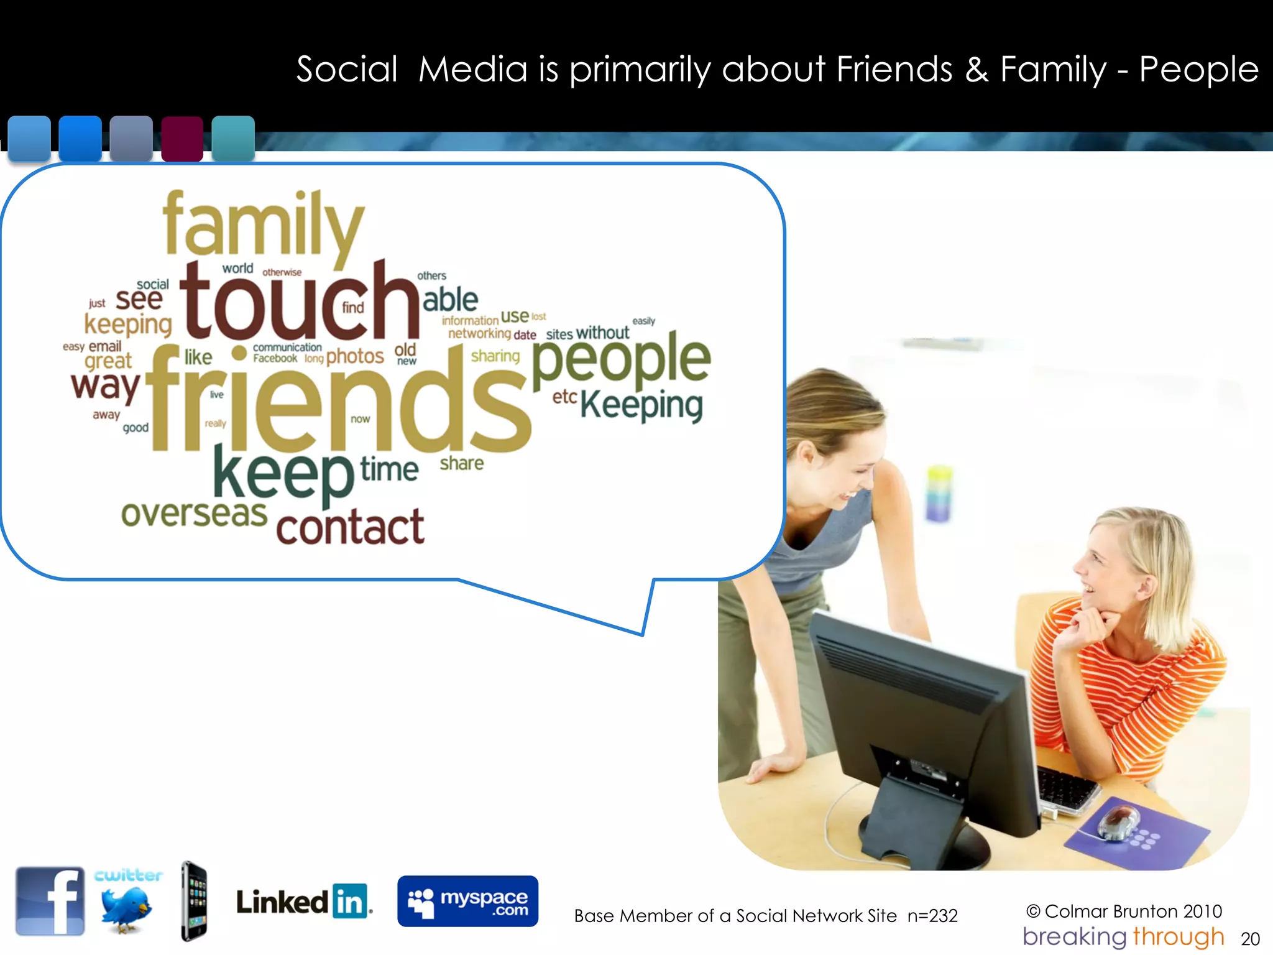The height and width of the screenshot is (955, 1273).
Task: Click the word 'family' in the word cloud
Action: click(262, 225)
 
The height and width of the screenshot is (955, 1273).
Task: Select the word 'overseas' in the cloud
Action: click(194, 514)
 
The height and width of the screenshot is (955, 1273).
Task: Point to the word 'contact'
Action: click(350, 527)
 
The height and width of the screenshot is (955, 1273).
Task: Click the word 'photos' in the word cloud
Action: click(355, 356)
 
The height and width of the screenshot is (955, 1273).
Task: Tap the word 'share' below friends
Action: click(461, 463)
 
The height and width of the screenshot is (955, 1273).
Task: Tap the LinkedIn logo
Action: click(303, 902)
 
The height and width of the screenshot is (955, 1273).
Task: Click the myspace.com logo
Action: click(467, 901)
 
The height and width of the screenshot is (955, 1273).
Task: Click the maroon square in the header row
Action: click(182, 138)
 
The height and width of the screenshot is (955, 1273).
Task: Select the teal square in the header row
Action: click(233, 138)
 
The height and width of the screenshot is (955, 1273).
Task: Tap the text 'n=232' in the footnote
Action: click(932, 916)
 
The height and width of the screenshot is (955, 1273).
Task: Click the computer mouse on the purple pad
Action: click(1119, 821)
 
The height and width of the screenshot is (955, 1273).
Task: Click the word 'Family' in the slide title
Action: click(1053, 69)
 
